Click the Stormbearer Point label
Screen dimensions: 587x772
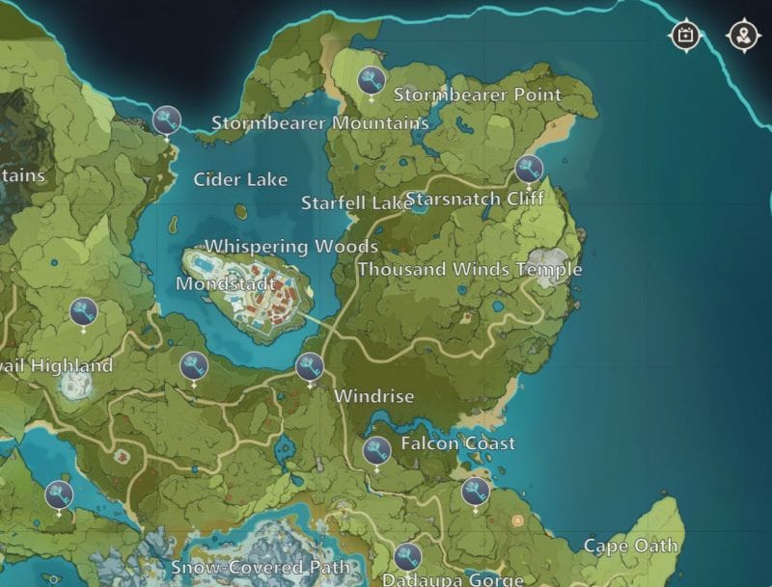477,94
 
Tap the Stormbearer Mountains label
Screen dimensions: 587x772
319,122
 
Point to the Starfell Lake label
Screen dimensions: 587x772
356,202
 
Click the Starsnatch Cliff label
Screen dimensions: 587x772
475,199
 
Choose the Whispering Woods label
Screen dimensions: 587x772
290,246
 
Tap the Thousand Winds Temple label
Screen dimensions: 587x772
470,269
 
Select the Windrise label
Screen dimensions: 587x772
373,396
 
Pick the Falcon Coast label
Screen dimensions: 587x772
457,443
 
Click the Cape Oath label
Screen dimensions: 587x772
631,546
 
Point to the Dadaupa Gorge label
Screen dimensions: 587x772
452,579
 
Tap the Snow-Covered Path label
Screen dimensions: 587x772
261,568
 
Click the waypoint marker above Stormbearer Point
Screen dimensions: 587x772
372,79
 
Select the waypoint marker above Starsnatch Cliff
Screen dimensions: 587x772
529,170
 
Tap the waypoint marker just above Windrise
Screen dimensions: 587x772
310,366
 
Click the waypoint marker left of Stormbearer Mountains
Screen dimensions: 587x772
167,120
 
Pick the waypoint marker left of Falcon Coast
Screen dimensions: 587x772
376,449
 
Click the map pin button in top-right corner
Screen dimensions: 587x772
743,36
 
